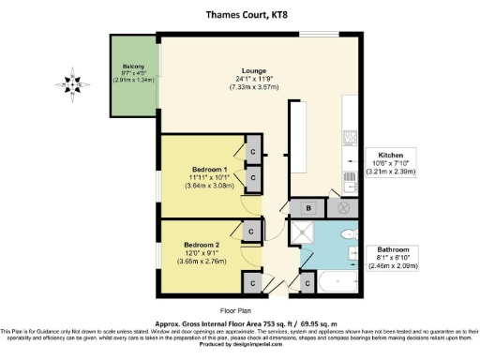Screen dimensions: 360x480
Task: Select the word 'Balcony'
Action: (x=132, y=67)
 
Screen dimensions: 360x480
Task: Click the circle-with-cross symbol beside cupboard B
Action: (x=342, y=208)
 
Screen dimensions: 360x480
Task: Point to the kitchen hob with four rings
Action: (x=349, y=137)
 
